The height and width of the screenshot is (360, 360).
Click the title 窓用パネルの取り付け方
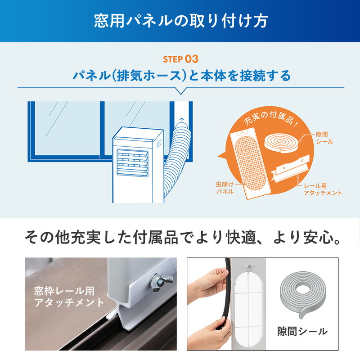[180, 21]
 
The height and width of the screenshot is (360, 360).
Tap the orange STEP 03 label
[180, 59]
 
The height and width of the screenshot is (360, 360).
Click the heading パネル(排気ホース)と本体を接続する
[180, 75]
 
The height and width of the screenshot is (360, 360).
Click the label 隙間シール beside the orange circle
[324, 138]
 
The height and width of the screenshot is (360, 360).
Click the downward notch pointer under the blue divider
[180, 91]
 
